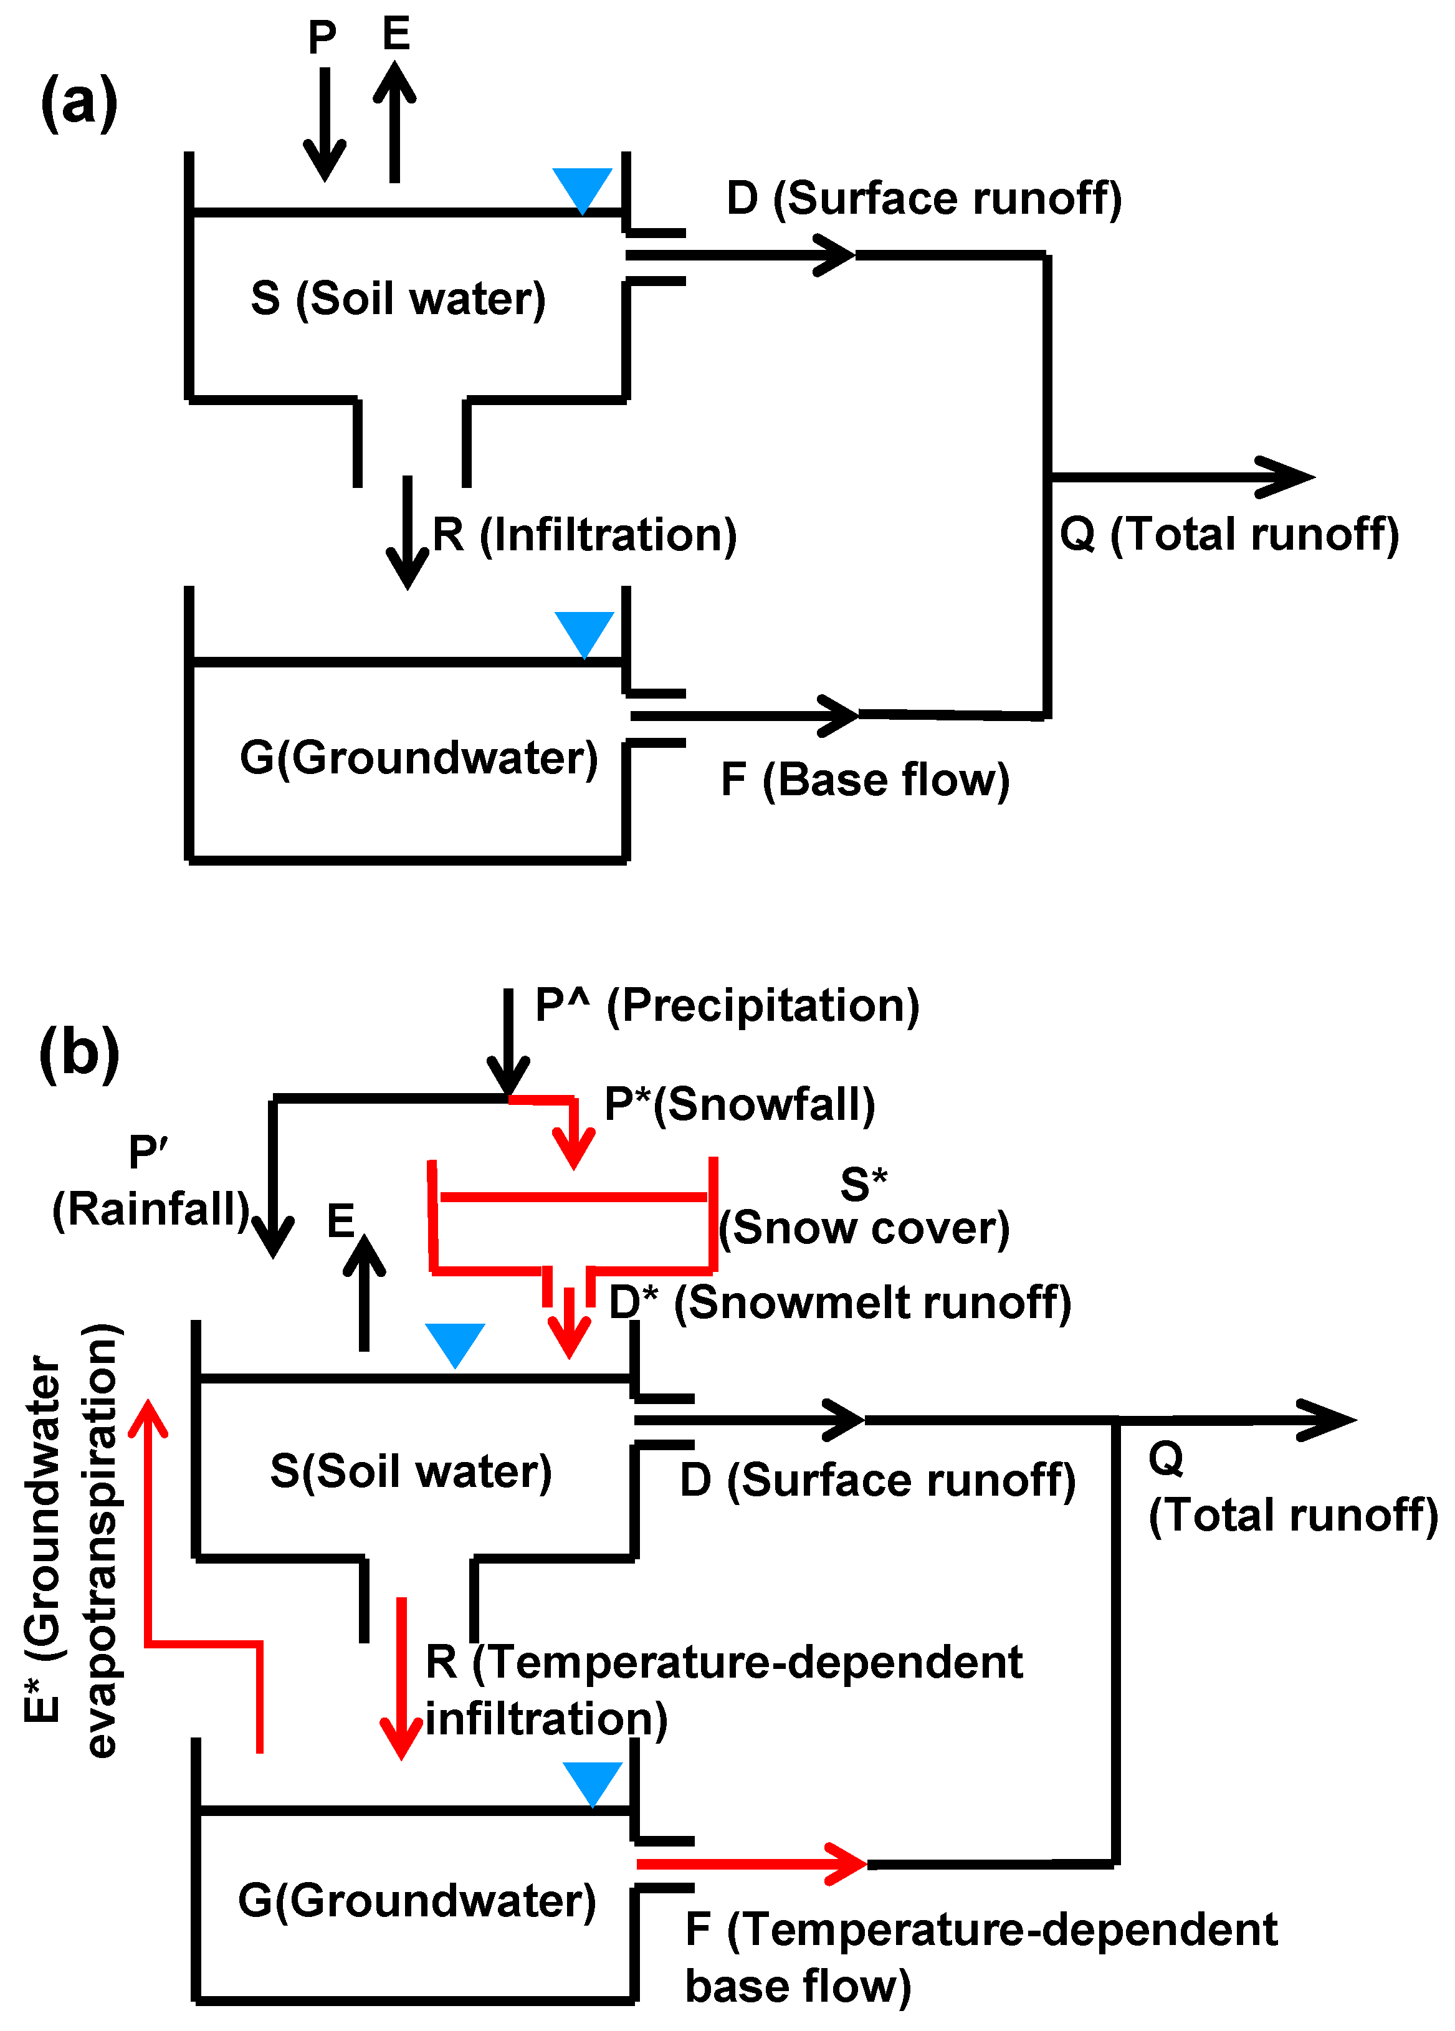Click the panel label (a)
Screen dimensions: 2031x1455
coord(79,100)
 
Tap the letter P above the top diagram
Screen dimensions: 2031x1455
coord(322,37)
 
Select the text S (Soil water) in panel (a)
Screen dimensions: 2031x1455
coord(398,299)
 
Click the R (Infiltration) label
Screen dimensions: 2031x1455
coord(584,535)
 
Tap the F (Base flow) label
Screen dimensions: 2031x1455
coord(864,779)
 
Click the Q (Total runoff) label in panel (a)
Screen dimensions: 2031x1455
coord(1228,535)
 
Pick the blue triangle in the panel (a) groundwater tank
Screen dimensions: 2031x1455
coord(584,632)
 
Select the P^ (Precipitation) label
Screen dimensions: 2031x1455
coord(726,1005)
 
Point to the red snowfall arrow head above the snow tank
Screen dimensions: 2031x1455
coord(573,1150)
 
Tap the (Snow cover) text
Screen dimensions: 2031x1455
coord(864,1228)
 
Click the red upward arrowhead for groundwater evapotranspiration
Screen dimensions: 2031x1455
coord(148,1420)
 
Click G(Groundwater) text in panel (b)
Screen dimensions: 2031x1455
coord(416,1900)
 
